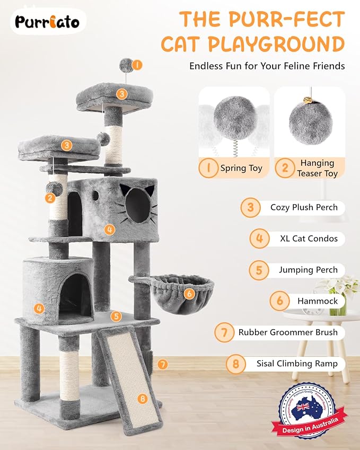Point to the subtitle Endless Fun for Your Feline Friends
pyautogui.click(x=267, y=66)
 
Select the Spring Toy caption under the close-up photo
pyautogui.click(x=241, y=168)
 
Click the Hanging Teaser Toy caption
pyautogui.click(x=317, y=168)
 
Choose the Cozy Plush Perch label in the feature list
pyautogui.click(x=304, y=207)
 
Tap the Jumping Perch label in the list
pyautogui.click(x=308, y=270)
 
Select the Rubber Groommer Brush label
pyautogui.click(x=288, y=332)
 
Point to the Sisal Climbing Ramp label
pyautogui.click(x=297, y=364)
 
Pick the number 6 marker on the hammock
pyautogui.click(x=189, y=292)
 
